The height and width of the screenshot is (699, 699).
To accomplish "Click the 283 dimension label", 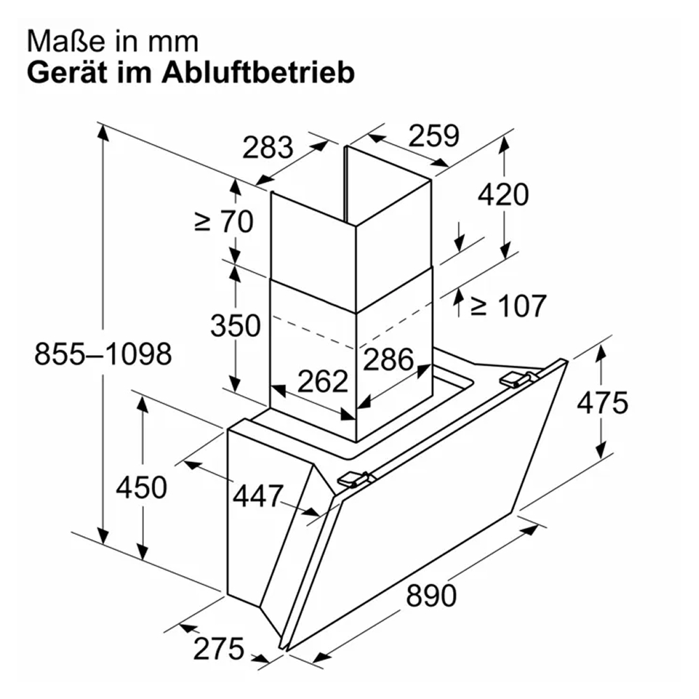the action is click(x=268, y=147).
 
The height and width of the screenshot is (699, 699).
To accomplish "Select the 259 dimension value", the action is click(x=434, y=136).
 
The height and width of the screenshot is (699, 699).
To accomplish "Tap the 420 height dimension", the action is click(x=503, y=194).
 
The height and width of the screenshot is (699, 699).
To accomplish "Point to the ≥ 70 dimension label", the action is click(x=224, y=222).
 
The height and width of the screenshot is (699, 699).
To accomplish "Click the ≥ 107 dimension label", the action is click(x=509, y=306).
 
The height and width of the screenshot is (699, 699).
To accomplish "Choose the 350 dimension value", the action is click(x=236, y=326).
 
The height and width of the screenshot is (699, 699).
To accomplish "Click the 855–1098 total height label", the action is click(x=103, y=354).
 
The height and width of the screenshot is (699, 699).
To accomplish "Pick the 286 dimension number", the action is click(x=388, y=359).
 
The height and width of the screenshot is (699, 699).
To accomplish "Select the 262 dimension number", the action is click(x=322, y=381).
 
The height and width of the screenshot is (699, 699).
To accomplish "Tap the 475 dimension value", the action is click(x=603, y=403).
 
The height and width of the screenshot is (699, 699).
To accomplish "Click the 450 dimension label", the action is click(x=141, y=487).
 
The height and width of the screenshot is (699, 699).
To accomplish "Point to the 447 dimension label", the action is click(x=258, y=496).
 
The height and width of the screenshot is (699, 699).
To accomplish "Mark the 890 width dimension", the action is click(x=431, y=595).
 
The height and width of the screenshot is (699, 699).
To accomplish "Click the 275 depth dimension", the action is click(x=219, y=649).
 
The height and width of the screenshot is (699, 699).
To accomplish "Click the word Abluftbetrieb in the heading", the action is click(x=258, y=72).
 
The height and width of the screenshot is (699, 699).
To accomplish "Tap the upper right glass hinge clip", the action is click(x=517, y=378).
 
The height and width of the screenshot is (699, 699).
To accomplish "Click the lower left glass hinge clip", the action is click(x=354, y=480).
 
